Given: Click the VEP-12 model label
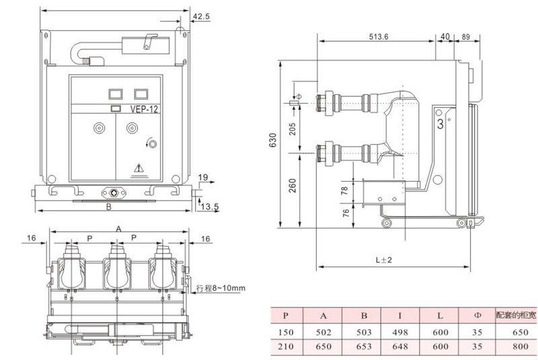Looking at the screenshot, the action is click(144, 109).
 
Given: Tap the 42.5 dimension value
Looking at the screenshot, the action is click(201, 16).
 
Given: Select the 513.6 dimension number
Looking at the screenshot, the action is click(379, 37).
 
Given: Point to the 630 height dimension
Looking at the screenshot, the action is click(272, 140).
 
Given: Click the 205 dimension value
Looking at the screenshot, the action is click(292, 129).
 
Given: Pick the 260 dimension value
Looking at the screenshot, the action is click(292, 186).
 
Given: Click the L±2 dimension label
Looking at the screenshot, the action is click(383, 260).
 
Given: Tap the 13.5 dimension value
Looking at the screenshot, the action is click(210, 207).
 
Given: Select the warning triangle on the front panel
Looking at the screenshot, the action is click(139, 168).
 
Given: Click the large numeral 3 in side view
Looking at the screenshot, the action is click(440, 124).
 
